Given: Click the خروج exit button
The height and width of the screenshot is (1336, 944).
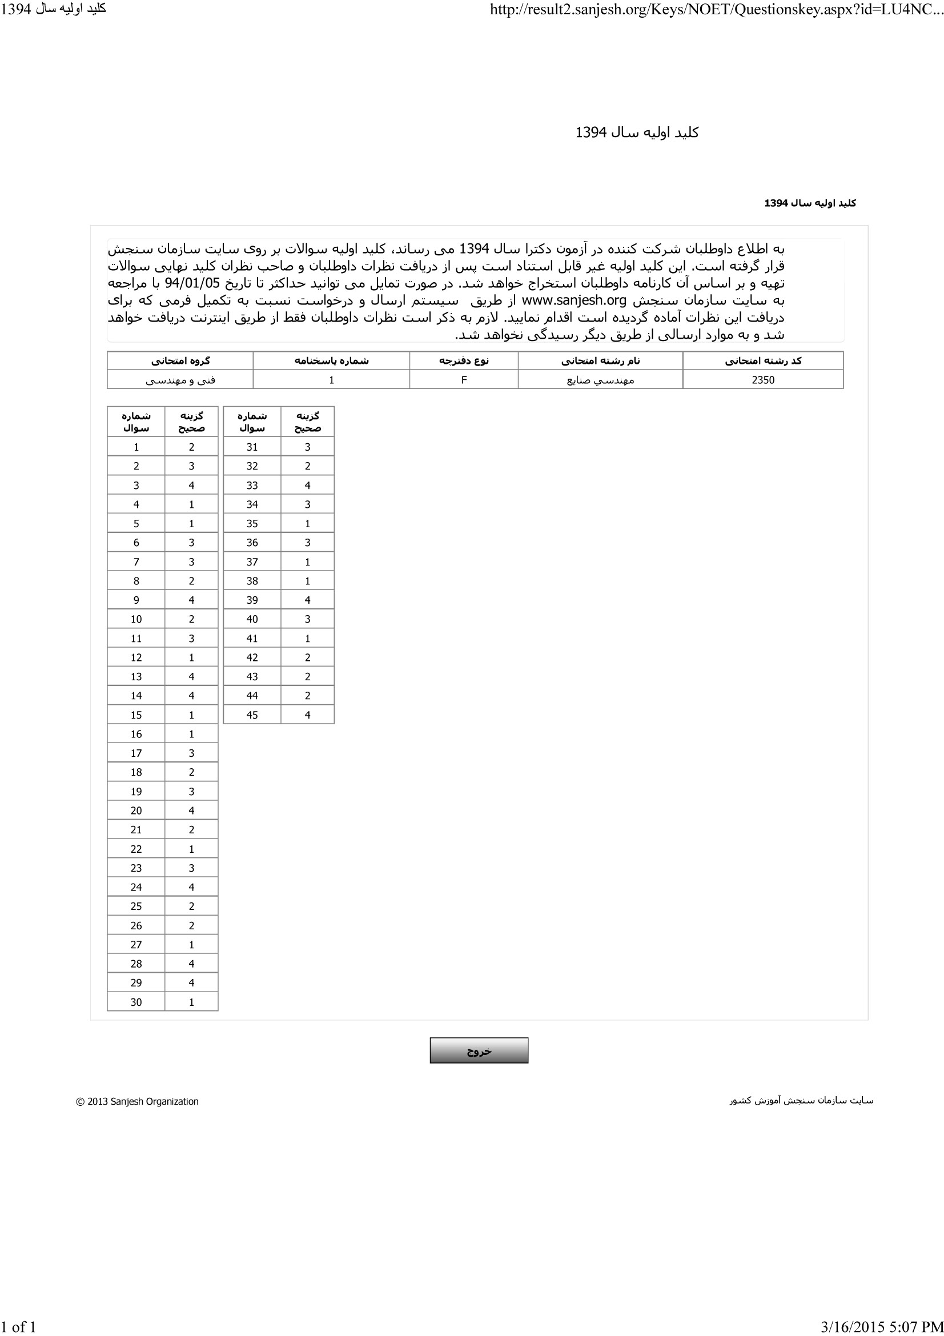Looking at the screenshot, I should [479, 1050].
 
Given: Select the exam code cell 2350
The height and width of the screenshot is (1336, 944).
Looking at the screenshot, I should [762, 380].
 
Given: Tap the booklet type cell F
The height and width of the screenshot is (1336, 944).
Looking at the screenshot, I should [464, 380].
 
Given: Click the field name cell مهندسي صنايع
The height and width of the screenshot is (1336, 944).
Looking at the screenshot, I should [600, 380].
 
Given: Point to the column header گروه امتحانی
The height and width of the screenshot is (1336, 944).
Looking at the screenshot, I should [180, 361].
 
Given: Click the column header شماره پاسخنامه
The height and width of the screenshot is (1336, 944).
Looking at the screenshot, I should [331, 361].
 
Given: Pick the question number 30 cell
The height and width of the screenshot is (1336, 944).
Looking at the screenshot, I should [136, 1002].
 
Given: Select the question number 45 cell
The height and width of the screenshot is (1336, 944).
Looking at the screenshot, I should [252, 715].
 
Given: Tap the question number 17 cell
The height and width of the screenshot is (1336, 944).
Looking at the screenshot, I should [136, 753].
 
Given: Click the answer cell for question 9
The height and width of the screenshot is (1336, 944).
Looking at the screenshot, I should [191, 600].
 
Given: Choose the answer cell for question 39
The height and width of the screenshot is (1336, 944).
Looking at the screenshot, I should [307, 600].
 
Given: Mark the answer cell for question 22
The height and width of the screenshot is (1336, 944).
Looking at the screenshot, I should [191, 849].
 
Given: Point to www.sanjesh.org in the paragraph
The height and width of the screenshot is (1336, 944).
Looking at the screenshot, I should [573, 301].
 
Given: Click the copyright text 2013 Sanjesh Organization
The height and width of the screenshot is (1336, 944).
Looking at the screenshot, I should [138, 1101].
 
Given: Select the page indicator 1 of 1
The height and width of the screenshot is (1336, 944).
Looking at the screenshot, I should [19, 1327].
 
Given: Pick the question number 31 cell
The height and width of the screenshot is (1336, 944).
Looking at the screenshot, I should [252, 447].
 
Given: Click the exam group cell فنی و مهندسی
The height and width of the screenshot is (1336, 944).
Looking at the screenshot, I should [180, 380].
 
